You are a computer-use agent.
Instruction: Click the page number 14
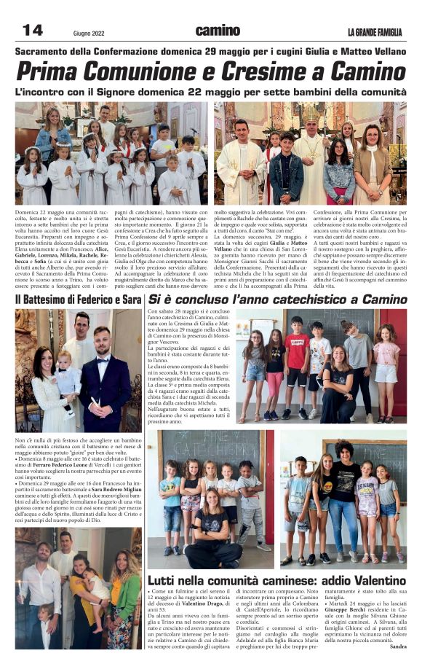[33, 30]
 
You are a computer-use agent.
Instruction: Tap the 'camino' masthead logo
[217, 30]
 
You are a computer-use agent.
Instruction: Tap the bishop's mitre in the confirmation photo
[311, 114]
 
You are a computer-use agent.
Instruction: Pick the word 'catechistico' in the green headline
[311, 299]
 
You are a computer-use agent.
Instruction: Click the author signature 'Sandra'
[397, 646]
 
